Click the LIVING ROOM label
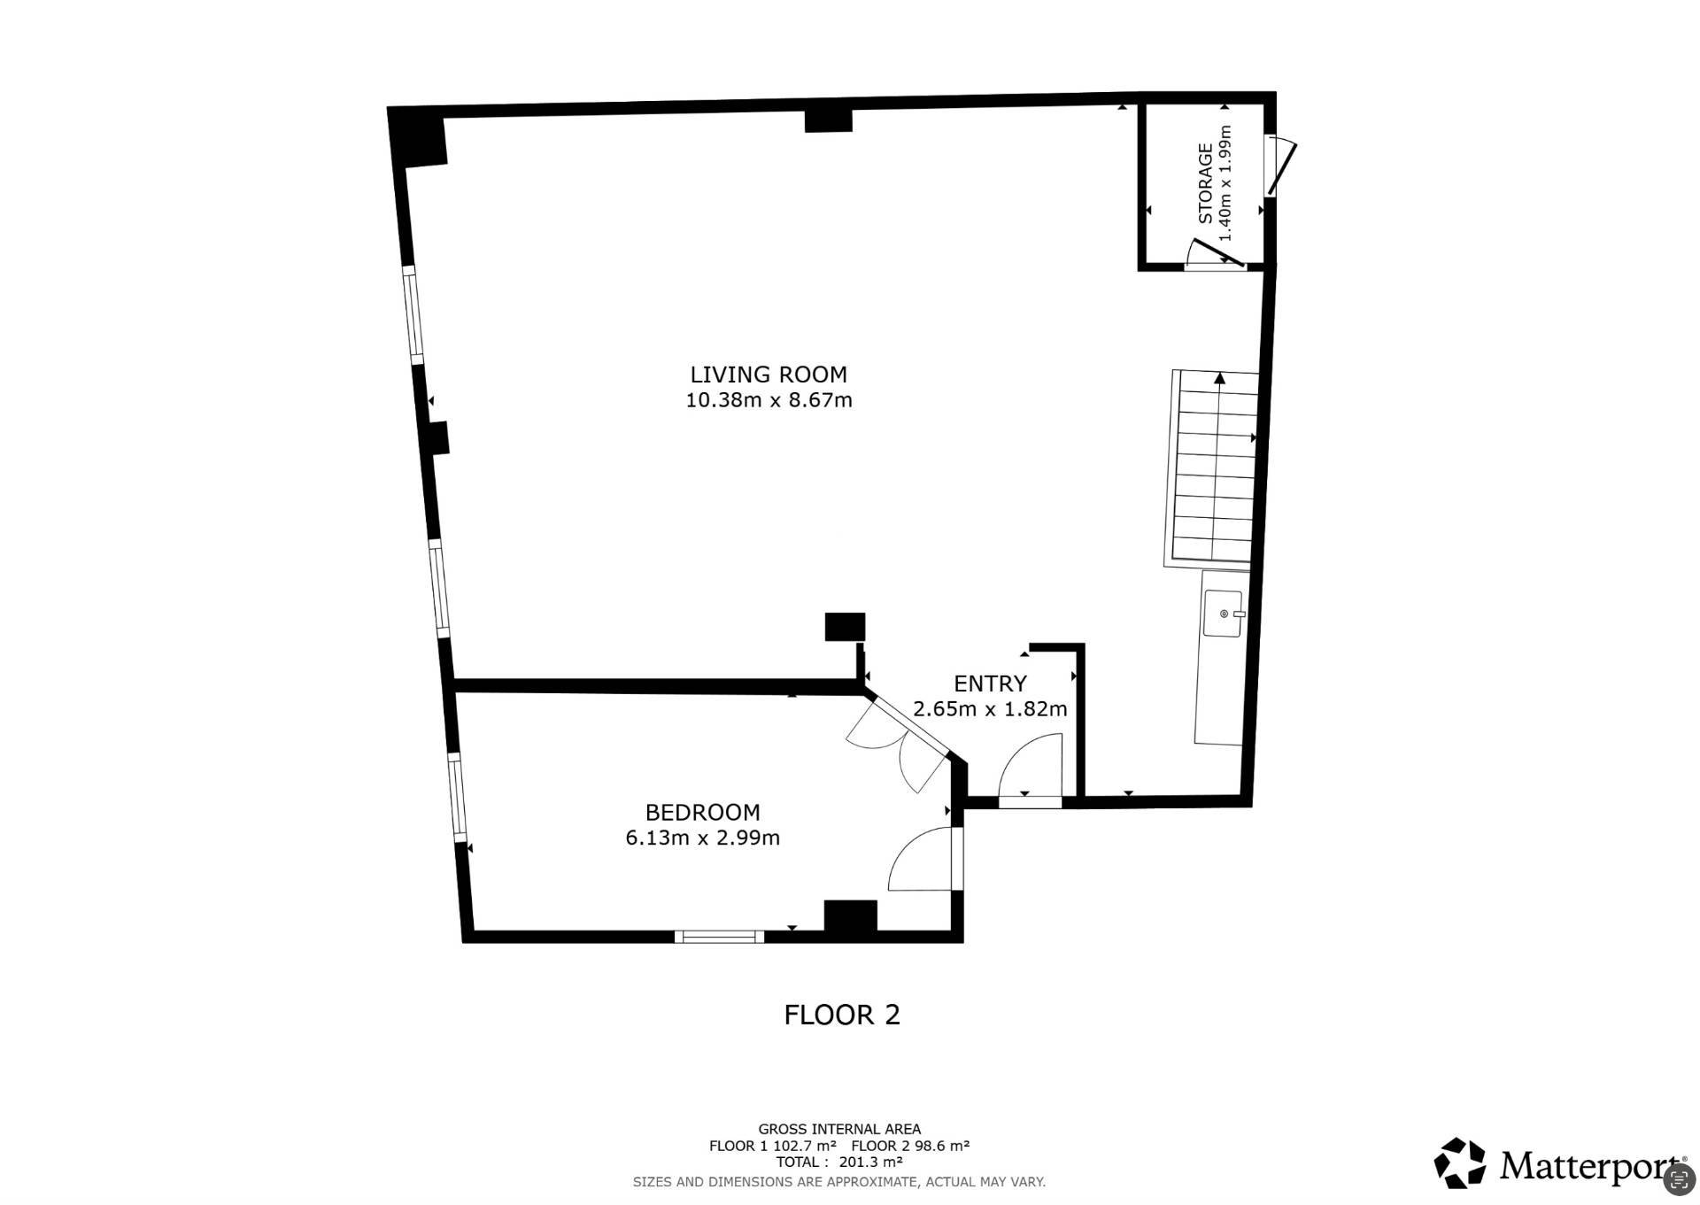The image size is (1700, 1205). coord(769,375)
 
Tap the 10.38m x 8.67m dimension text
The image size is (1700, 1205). coord(769,400)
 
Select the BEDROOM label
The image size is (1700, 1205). coord(702,812)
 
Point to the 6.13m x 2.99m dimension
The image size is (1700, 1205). coord(702,838)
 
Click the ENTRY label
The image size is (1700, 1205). coord(990,684)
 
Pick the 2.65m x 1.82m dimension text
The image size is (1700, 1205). coord(990,709)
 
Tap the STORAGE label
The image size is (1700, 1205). coord(1205,183)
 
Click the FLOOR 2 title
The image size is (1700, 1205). coord(842,1015)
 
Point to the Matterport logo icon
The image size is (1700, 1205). coord(1460,1163)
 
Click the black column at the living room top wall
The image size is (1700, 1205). coord(828,120)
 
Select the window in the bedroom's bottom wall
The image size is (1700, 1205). coord(719,936)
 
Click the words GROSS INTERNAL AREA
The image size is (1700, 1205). coord(839,1129)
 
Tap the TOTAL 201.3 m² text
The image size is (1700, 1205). coord(839,1162)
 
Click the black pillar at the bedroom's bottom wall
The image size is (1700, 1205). coord(851,915)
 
